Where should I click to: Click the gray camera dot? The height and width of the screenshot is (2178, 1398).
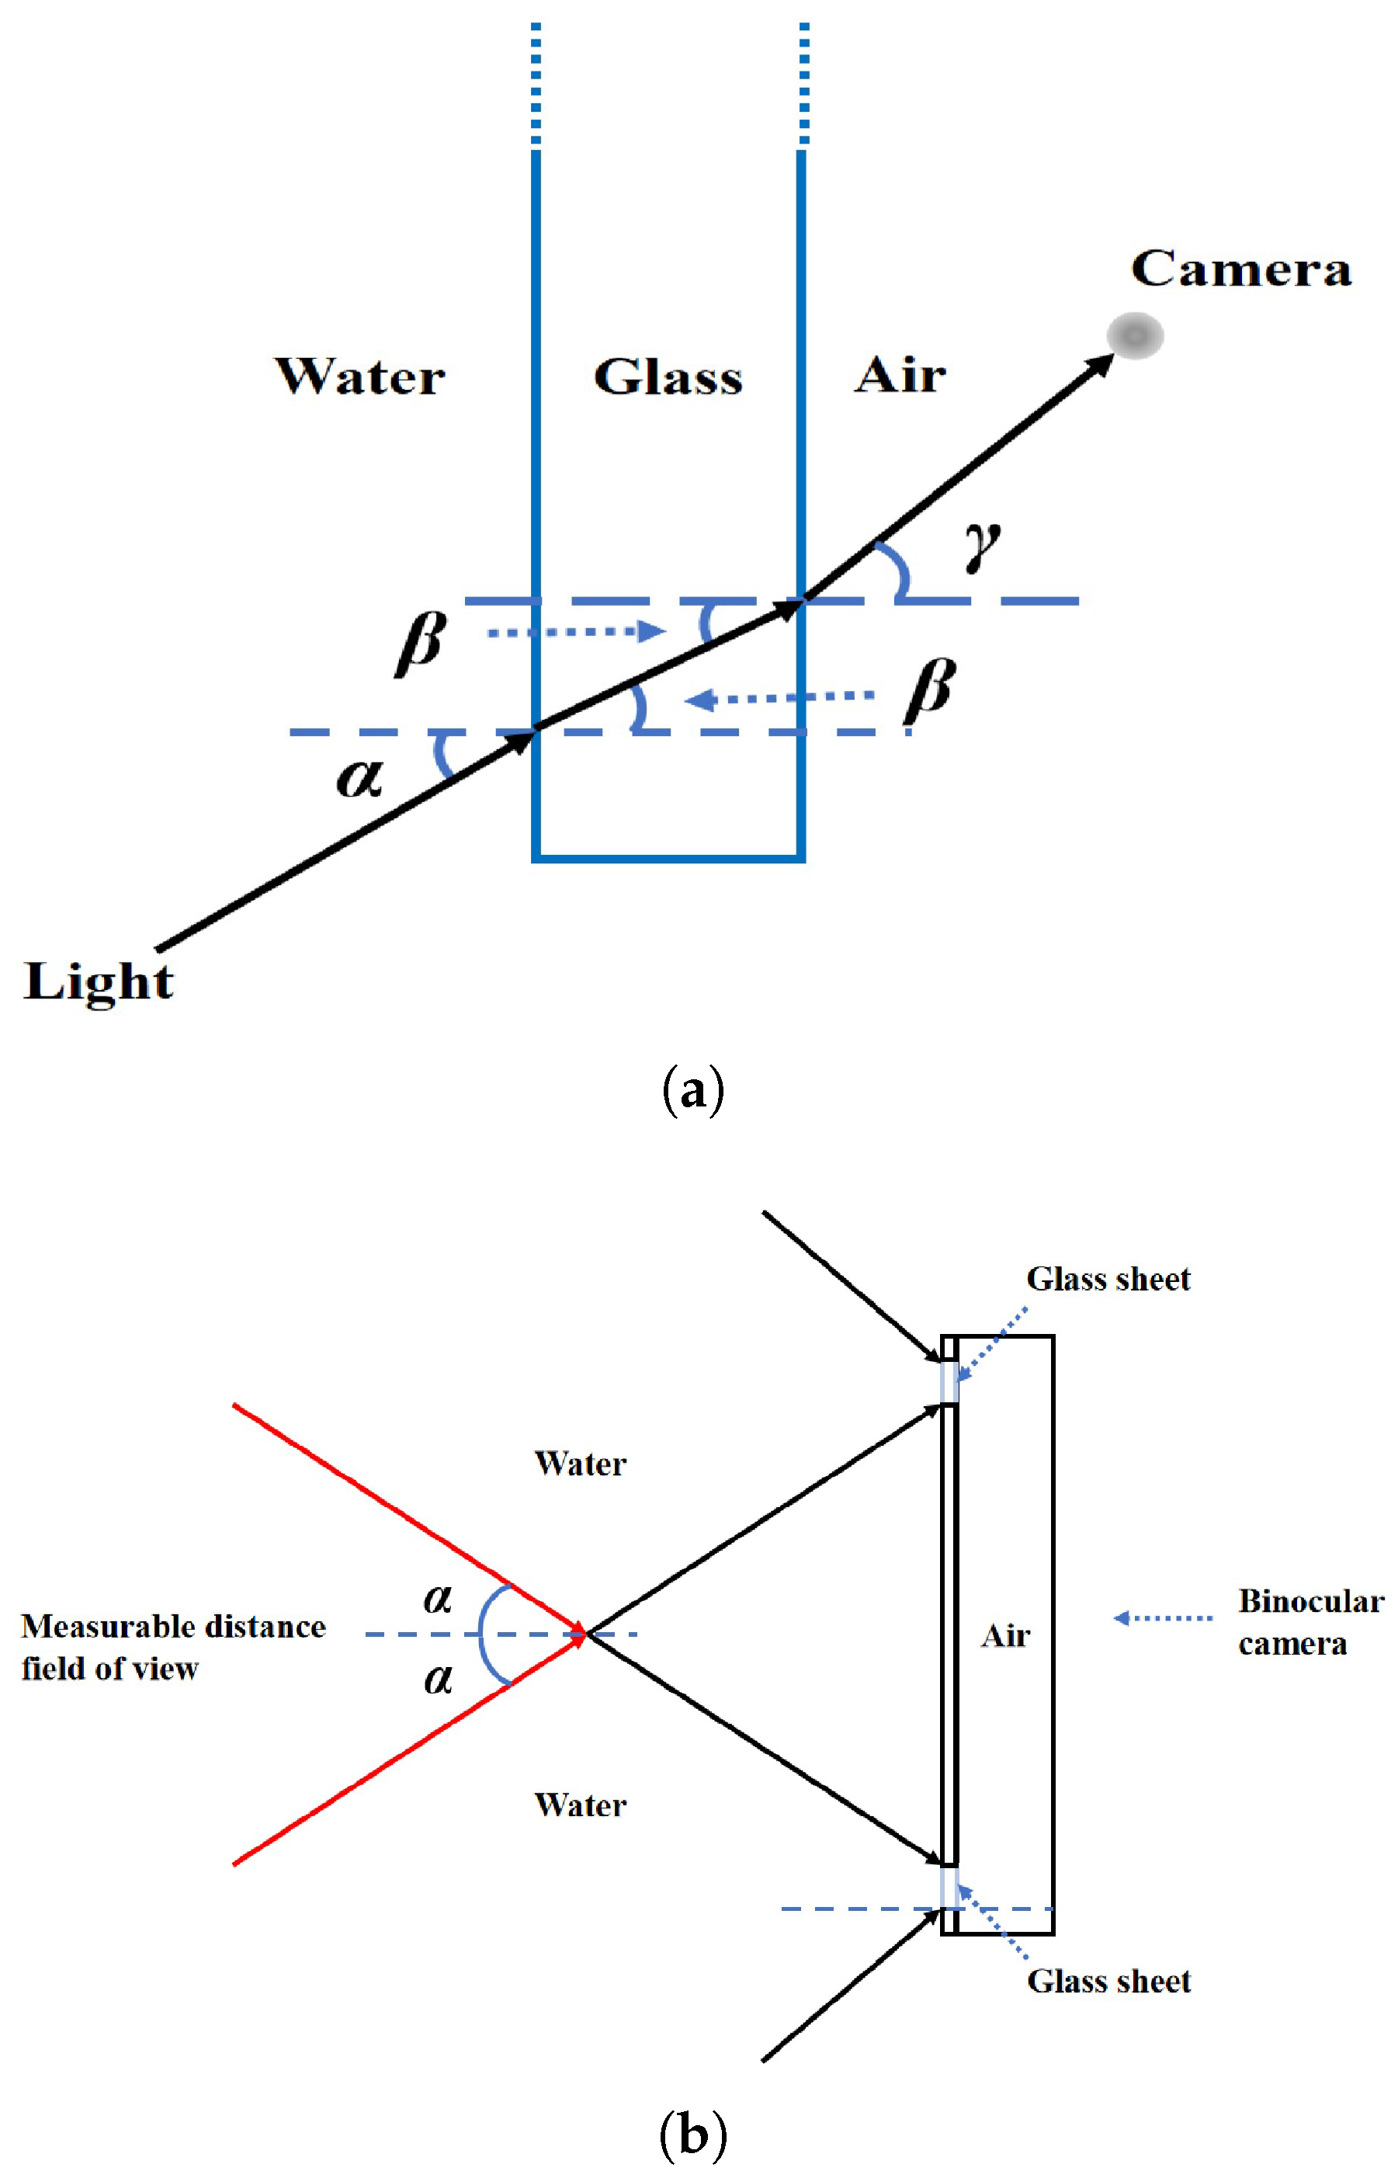click(x=1135, y=336)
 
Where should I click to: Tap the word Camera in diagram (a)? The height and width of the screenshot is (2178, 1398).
click(x=1241, y=269)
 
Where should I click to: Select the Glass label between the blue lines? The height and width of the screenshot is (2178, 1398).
click(x=668, y=376)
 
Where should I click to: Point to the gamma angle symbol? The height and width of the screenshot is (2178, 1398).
click(x=982, y=547)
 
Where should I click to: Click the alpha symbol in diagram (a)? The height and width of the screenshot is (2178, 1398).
click(x=359, y=778)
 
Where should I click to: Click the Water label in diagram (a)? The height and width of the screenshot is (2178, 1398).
click(x=360, y=376)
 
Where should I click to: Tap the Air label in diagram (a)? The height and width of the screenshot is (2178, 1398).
click(x=900, y=374)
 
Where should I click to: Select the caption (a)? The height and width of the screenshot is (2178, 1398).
click(x=692, y=1091)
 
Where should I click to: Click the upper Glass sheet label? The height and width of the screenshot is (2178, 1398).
click(x=1108, y=1279)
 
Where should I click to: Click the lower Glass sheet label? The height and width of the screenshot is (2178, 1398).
click(x=1108, y=1981)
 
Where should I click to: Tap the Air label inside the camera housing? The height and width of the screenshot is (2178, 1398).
click(x=1006, y=1636)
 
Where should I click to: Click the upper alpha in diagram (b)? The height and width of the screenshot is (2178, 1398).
click(x=439, y=1599)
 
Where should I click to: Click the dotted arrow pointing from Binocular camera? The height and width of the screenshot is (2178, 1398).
click(x=1163, y=1618)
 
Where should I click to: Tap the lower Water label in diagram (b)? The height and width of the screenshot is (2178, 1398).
click(x=580, y=1805)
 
